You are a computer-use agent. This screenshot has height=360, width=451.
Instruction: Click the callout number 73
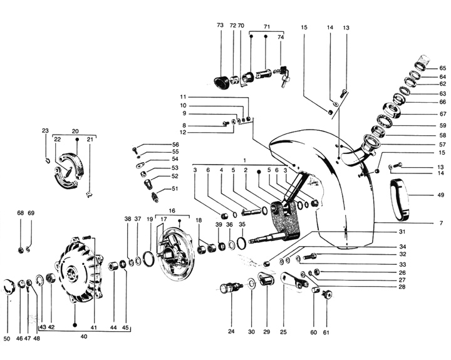click(220, 26)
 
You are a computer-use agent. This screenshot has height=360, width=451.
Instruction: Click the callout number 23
click(45, 131)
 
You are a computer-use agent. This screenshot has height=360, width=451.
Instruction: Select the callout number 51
click(175, 188)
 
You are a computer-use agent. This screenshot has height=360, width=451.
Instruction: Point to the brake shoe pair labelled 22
click(65, 170)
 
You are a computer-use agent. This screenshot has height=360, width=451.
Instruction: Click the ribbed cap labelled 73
click(220, 81)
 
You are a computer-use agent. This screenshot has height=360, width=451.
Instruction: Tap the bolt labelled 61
click(326, 294)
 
